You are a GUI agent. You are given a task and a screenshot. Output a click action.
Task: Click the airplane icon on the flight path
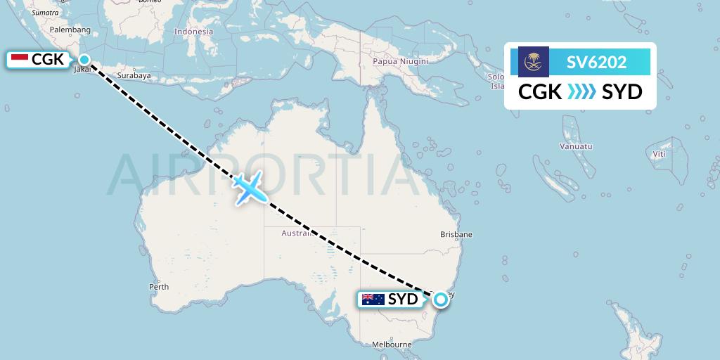click(249, 188)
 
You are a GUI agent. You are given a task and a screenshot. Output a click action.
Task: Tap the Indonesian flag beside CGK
click(20, 60)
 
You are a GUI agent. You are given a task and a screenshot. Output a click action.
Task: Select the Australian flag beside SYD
click(373, 300)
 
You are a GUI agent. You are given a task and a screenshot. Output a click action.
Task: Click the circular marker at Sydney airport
click(440, 300)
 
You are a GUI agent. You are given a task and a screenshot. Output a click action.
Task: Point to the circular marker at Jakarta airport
click(84, 60)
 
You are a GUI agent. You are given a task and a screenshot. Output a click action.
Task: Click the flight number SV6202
click(596, 62)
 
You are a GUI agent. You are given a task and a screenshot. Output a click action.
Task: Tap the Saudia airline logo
click(534, 62)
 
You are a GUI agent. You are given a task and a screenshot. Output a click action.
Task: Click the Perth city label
click(159, 287)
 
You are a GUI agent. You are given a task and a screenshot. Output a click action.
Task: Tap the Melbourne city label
click(392, 345)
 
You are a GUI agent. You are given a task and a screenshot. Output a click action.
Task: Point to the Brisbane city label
click(456, 234)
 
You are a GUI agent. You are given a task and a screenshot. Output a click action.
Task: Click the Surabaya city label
click(134, 75)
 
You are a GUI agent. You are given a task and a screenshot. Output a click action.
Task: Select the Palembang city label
click(71, 30)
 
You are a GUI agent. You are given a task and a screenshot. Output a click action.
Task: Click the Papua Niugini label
click(400, 61)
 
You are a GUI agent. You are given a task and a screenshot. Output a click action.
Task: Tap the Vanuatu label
click(576, 146)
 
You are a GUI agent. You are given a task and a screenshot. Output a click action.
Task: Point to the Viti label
click(659, 154)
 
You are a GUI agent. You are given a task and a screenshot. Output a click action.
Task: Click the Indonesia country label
click(193, 32)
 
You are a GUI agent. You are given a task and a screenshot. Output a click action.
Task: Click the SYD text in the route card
click(622, 92)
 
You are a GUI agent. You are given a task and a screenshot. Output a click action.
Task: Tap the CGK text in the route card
click(540, 92)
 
